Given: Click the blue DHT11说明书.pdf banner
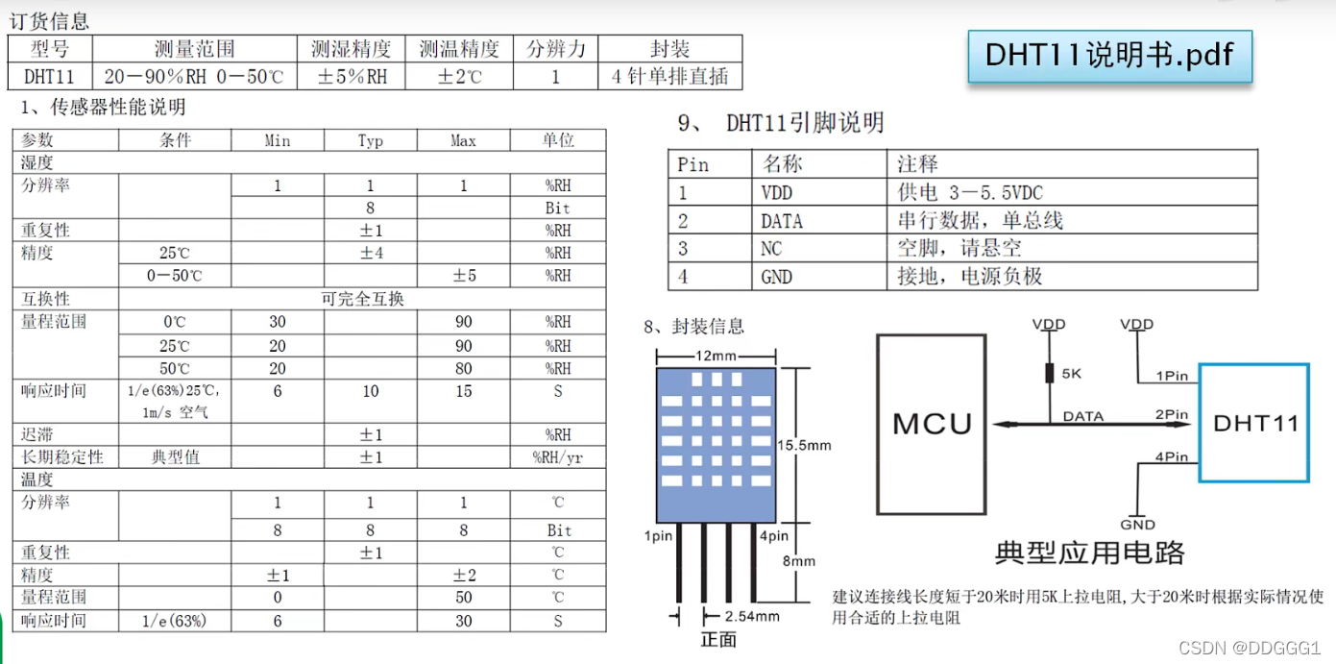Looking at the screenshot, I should [1109, 55].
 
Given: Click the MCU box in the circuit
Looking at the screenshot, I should [932, 423].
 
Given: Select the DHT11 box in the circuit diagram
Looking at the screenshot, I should [1255, 423].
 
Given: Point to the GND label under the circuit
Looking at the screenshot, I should [1137, 525].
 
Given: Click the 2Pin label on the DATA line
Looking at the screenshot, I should [1171, 415].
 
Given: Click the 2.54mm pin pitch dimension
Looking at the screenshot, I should [751, 616].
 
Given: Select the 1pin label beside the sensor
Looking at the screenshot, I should [659, 536].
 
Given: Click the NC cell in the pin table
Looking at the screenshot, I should [771, 249].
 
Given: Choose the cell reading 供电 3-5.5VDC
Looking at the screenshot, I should [970, 193].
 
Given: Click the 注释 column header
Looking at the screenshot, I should [917, 164].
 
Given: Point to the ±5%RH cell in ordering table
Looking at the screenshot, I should [352, 77].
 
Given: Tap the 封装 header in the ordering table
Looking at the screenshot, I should [669, 49].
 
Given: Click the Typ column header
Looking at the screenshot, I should [371, 141].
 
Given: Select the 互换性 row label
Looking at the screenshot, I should [46, 299].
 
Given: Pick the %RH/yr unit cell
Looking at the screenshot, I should [558, 457].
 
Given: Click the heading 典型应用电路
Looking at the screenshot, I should [1089, 553].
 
